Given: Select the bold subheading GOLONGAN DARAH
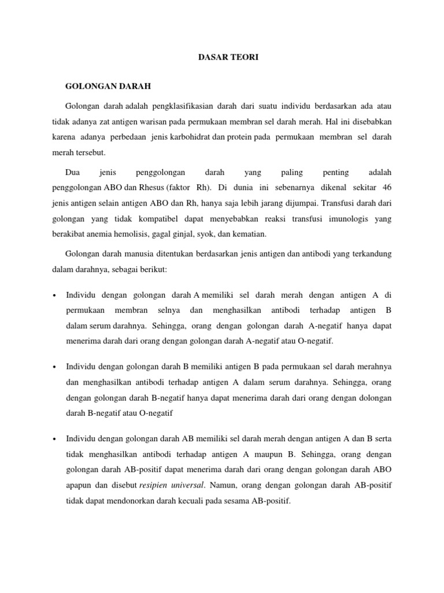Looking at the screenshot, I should tap(108, 86).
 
